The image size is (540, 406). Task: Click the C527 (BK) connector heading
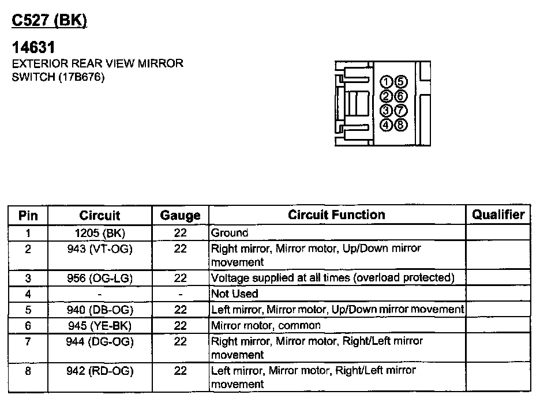tap(50, 21)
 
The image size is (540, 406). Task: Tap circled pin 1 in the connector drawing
tap(387, 81)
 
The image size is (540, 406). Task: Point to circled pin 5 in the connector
tap(401, 81)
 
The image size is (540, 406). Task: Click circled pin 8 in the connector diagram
tap(401, 124)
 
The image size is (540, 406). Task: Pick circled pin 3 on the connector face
tap(387, 110)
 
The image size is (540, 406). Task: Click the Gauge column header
tap(180, 216)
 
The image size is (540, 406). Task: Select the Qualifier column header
tap(498, 215)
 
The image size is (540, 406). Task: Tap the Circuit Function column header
tap(336, 215)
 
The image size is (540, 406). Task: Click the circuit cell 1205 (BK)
tap(99, 233)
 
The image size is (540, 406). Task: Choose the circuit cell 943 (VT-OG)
tap(99, 249)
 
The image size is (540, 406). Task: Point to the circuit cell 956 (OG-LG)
tap(99, 278)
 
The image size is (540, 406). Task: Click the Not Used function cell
tap(235, 294)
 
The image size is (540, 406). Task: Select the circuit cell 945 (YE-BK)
tap(99, 326)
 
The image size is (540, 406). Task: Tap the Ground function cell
tap(230, 233)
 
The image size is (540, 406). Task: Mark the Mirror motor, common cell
tap(266, 325)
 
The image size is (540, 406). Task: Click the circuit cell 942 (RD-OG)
tap(99, 371)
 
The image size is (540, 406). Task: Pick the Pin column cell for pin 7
tap(28, 341)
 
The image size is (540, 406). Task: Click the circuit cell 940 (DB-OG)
tap(99, 309)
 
